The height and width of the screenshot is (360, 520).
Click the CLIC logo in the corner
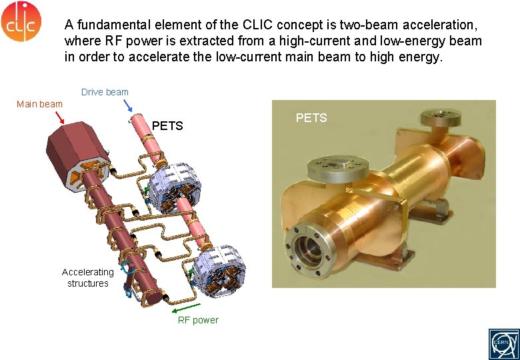coord(21,21)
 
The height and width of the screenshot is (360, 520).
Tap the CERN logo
coord(501,343)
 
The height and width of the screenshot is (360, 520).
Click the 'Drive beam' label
coord(105,92)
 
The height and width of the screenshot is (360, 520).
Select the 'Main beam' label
coord(39,103)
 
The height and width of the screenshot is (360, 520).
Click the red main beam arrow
coord(59,118)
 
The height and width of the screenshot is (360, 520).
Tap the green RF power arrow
coord(181,308)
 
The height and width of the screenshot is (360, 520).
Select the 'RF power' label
coord(197,320)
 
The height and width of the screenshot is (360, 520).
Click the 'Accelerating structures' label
coord(87,277)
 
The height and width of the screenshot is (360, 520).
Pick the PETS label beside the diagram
coord(167,126)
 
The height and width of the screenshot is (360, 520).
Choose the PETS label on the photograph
coord(311,118)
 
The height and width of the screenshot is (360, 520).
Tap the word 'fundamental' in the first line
coord(109,25)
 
